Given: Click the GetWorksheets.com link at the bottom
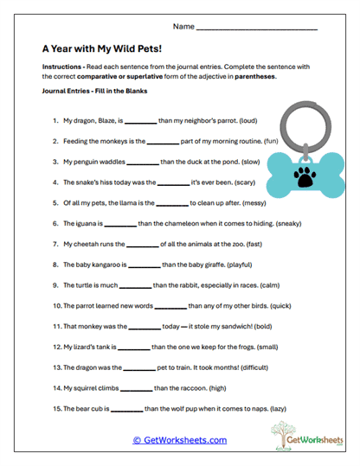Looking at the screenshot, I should tap(180, 440).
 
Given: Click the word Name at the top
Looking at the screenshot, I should tap(183, 28).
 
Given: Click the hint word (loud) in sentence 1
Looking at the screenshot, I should tap(261, 121).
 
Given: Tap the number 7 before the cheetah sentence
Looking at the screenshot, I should tap(55, 244).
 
